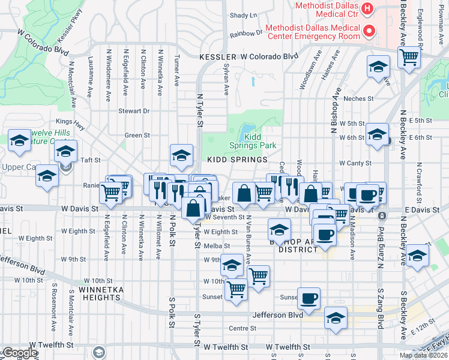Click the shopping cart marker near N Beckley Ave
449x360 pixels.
409,59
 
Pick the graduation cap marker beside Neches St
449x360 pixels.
378,68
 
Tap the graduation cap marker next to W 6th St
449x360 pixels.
378,136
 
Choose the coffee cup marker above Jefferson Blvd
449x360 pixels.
309,299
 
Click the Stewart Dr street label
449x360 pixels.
133,111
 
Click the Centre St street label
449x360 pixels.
243,328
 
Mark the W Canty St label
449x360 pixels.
355,163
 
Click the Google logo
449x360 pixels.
19,353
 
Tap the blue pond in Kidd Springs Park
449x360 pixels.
247,130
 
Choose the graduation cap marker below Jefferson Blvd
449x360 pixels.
336,319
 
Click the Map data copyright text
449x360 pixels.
424,355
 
